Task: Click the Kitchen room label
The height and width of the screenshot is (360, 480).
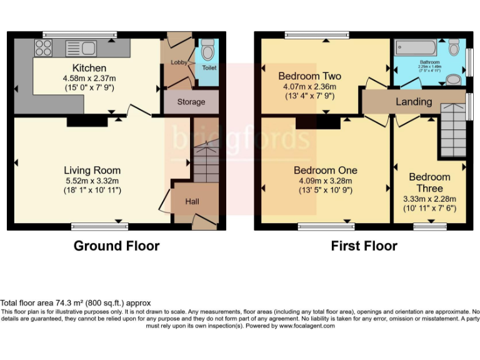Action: pos(89,67)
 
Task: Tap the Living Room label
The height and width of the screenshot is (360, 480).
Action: pos(92,170)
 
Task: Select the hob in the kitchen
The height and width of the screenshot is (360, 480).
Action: pos(43,47)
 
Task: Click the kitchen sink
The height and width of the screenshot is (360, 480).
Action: pos(79,48)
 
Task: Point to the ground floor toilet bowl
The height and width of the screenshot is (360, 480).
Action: pos(208,49)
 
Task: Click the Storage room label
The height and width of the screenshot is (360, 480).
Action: pos(191,102)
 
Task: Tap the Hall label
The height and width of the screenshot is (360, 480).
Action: pos(192,202)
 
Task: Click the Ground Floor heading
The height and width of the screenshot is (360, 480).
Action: pos(116,246)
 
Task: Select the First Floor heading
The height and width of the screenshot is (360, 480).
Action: pos(364,246)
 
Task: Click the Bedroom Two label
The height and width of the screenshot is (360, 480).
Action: pos(309,76)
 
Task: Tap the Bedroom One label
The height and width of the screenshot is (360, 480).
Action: pos(326,170)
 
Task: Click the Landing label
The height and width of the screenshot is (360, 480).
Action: pos(414,101)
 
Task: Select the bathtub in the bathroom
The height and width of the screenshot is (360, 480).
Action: pos(417,48)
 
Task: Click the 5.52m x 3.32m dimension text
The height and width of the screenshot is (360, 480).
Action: pos(92,181)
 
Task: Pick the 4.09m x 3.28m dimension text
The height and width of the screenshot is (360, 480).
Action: pos(326,181)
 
